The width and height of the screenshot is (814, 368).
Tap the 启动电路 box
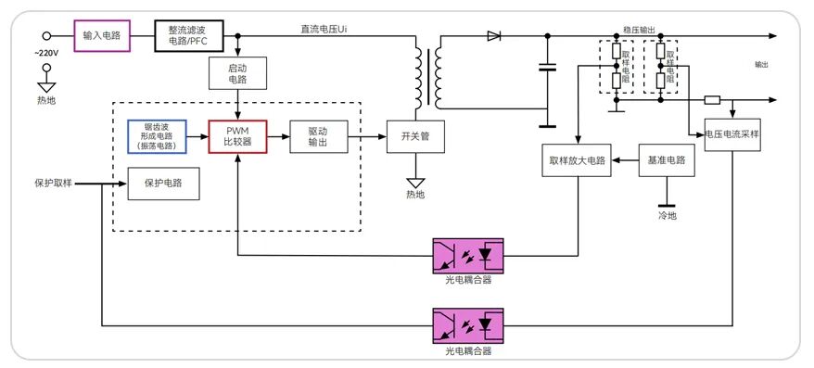[239, 73]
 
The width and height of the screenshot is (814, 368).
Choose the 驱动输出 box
[318, 136]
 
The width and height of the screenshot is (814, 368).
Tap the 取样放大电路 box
[577, 160]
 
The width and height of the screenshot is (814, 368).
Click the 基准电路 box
[668, 160]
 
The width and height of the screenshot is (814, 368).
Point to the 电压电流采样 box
[731, 133]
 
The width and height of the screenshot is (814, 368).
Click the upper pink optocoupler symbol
[467, 254]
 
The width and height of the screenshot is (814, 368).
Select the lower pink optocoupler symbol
[467, 326]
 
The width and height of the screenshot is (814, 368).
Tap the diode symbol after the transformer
[493, 36]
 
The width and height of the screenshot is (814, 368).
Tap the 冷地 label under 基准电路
[668, 215]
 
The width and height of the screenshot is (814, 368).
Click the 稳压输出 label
[640, 30]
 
